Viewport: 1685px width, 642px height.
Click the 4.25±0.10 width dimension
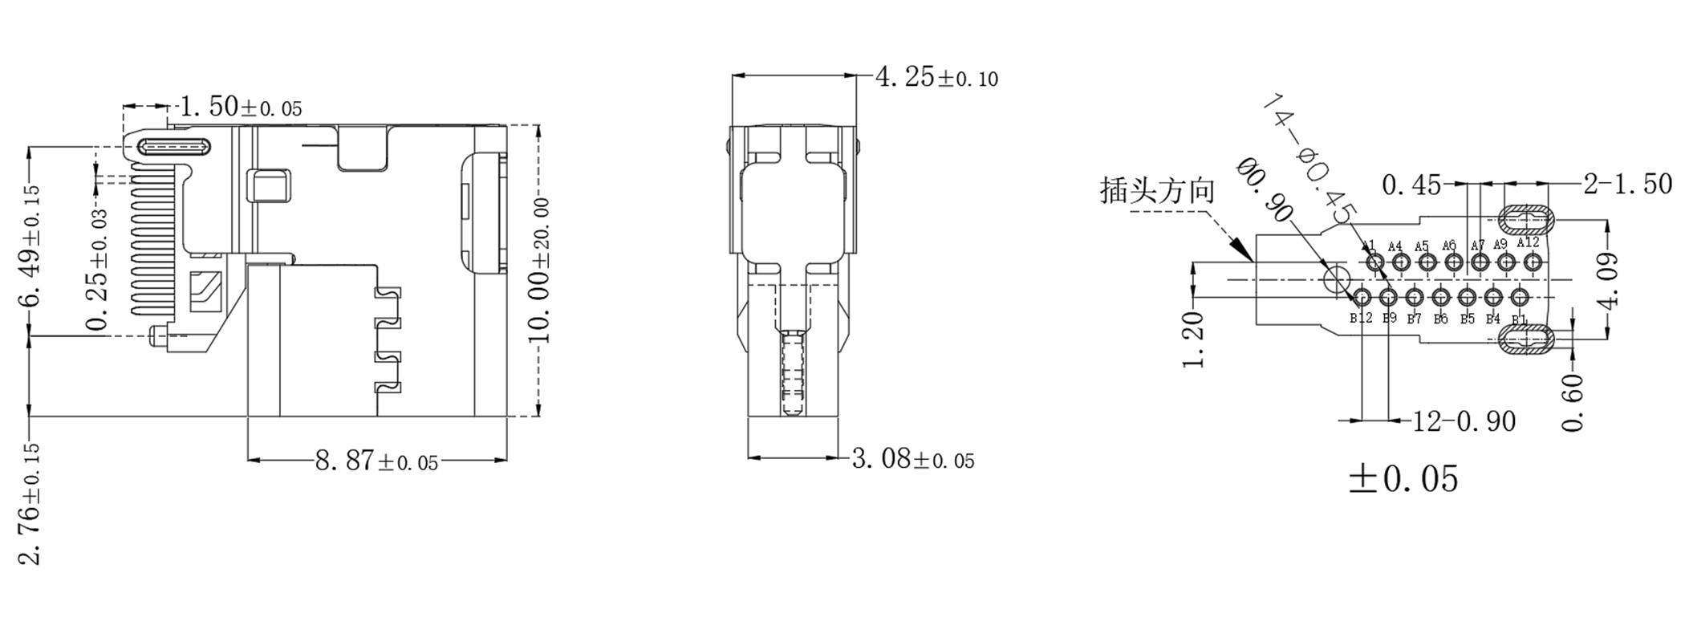tap(936, 78)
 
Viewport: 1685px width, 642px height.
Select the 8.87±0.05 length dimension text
tap(376, 461)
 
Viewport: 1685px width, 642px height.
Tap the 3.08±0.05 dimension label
tap(912, 460)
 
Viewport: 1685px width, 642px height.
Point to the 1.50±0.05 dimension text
tap(240, 107)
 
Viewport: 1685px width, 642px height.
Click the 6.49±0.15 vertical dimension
tap(32, 246)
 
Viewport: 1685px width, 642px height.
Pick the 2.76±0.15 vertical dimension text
tap(32, 504)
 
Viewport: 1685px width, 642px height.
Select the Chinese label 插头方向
tap(1156, 191)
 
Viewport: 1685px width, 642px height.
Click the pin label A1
tap(1368, 246)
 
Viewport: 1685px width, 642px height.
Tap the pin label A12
tap(1528, 242)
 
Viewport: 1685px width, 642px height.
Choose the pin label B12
tap(1360, 319)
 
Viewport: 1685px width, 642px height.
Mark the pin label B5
tap(1467, 319)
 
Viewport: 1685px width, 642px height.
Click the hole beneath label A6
tap(1452, 262)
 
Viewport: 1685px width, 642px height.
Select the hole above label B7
tap(1415, 298)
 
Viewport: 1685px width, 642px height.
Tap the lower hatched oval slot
tap(1527, 340)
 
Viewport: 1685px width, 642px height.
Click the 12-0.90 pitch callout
tap(1464, 421)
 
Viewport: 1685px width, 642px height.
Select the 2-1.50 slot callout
tap(1627, 185)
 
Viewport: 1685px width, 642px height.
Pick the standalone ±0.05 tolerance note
tap(1403, 479)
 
